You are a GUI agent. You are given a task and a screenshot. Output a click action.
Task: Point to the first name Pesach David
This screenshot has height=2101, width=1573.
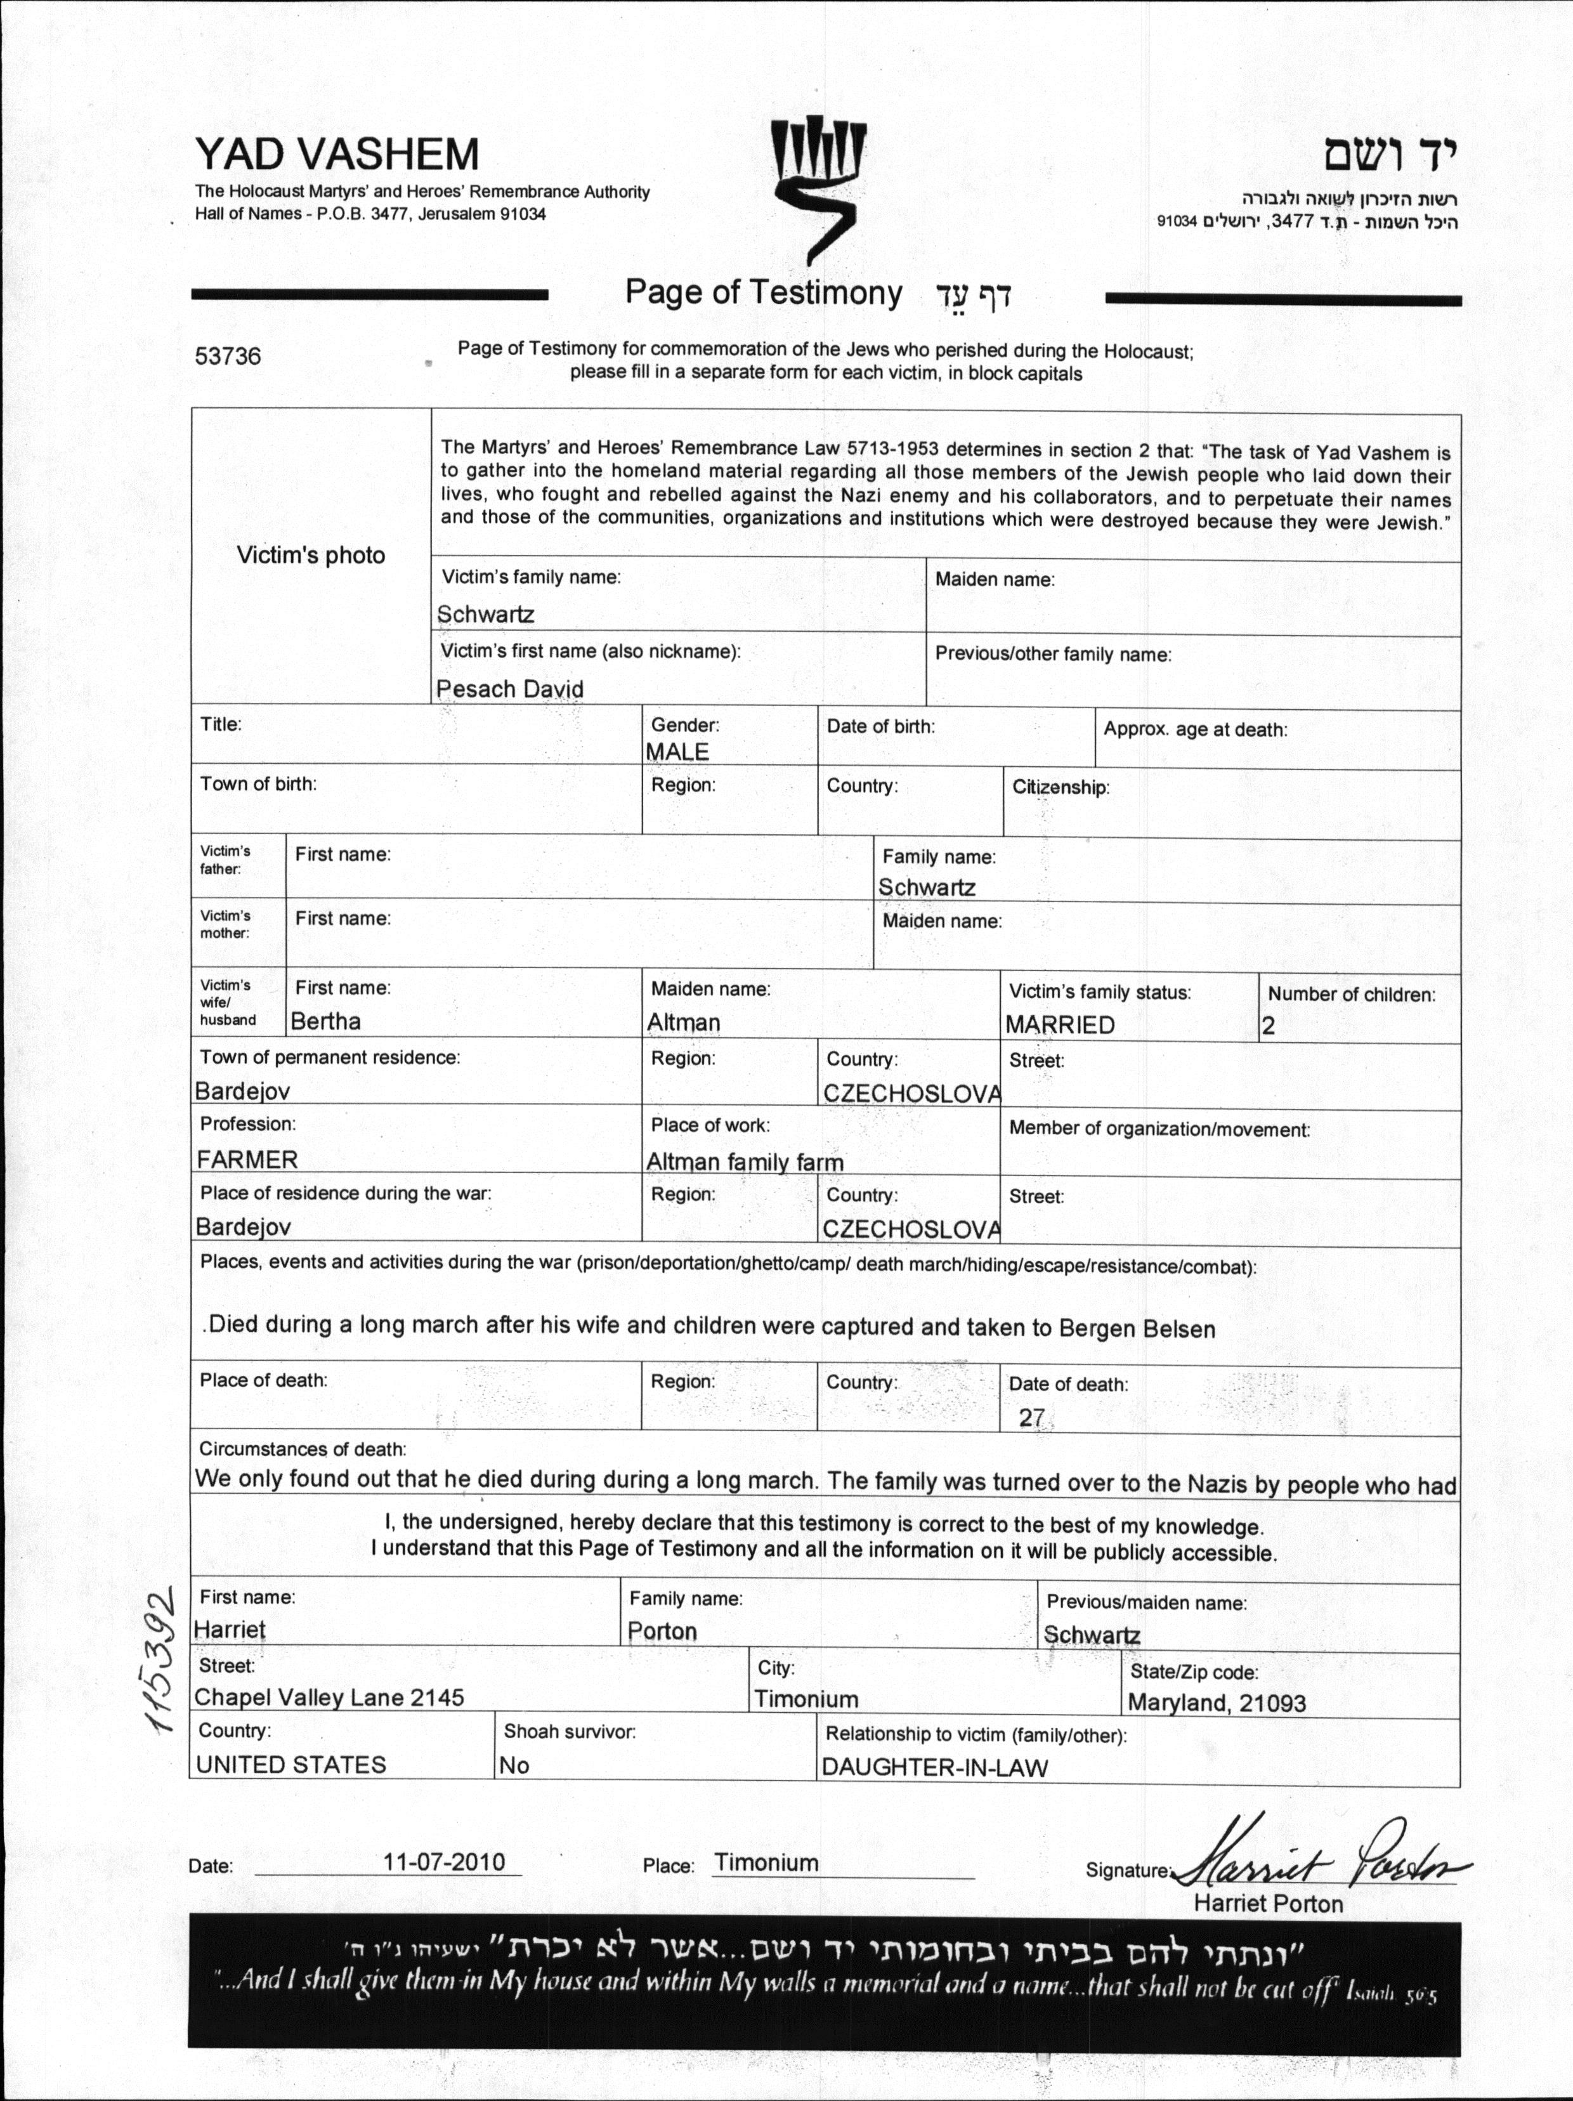click(x=509, y=689)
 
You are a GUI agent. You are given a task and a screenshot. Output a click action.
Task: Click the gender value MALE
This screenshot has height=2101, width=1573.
click(x=677, y=751)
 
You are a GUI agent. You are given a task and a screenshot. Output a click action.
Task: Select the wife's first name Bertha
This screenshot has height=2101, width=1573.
click(x=326, y=1021)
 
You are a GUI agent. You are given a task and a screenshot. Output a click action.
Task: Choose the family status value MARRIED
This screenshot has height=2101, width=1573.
click(x=1060, y=1024)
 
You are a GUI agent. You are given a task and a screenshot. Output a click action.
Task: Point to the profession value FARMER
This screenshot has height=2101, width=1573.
click(x=247, y=1159)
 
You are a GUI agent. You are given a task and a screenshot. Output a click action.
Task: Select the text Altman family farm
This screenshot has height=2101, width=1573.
click(x=745, y=1162)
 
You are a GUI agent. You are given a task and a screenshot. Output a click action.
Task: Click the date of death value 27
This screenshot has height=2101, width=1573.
click(x=1031, y=1417)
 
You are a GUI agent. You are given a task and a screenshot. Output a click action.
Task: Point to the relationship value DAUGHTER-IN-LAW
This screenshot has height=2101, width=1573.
click(x=935, y=1767)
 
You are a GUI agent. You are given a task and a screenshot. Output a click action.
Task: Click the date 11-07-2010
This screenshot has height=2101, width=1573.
click(x=443, y=1861)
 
